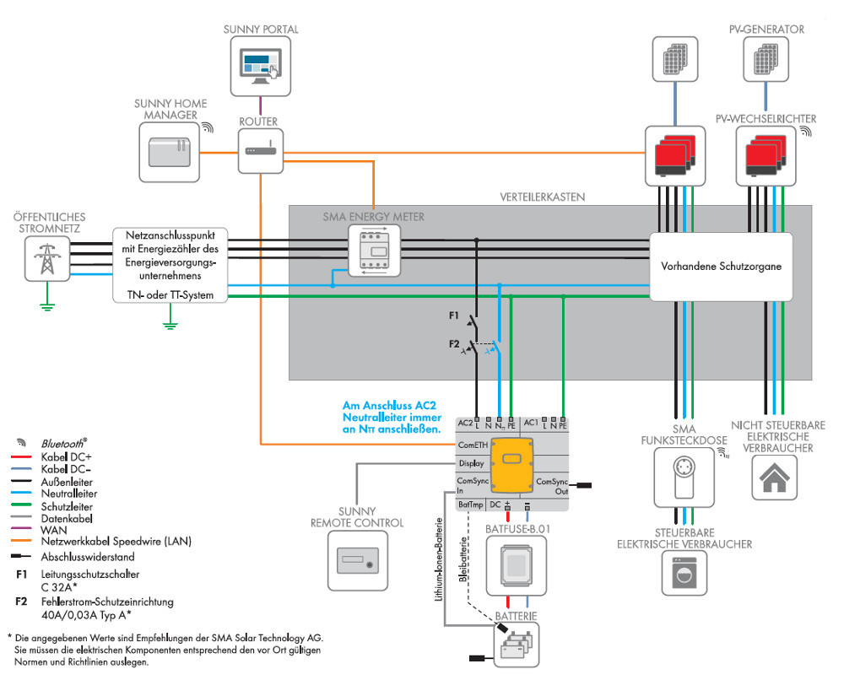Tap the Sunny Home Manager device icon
click(x=169, y=153)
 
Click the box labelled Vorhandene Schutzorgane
click(x=720, y=266)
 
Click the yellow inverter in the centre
click(x=512, y=466)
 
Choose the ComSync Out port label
click(x=552, y=486)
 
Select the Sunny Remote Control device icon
click(x=357, y=561)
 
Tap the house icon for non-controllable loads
click(x=773, y=478)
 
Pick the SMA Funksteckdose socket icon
click(x=684, y=478)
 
